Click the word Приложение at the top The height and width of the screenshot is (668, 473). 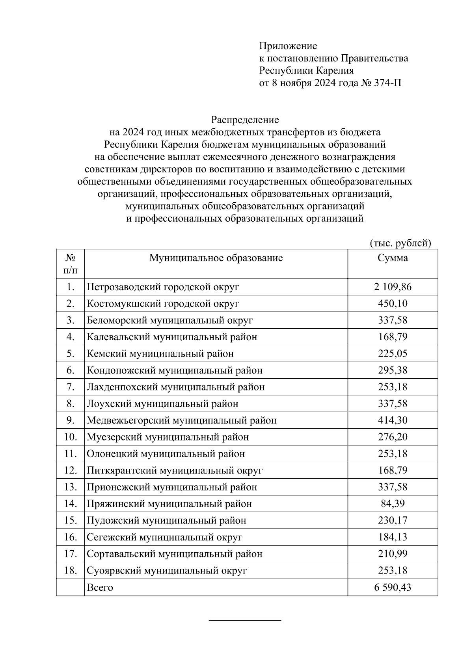point(288,46)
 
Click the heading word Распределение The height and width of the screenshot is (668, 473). point(245,119)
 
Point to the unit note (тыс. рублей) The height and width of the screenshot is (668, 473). point(400,243)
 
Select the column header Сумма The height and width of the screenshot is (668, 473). point(393,258)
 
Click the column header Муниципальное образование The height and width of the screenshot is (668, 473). point(216,258)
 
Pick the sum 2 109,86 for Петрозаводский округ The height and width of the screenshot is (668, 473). point(393,287)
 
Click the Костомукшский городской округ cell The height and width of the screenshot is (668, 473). point(163,303)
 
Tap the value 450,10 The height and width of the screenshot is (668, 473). point(393,303)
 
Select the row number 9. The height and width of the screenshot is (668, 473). point(71,420)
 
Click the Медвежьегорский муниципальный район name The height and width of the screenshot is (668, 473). point(182,420)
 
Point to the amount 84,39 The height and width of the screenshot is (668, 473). point(393,504)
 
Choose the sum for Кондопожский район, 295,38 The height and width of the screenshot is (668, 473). point(393,370)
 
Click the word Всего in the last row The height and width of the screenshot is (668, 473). point(100,587)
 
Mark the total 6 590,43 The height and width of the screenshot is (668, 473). point(393,587)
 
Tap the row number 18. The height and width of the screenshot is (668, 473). point(70,570)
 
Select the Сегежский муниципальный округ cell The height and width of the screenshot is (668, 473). point(164,537)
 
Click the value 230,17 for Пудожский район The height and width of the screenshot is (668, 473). point(393,520)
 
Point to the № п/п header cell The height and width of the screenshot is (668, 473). point(70,264)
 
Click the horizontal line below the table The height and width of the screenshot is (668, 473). point(244,621)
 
